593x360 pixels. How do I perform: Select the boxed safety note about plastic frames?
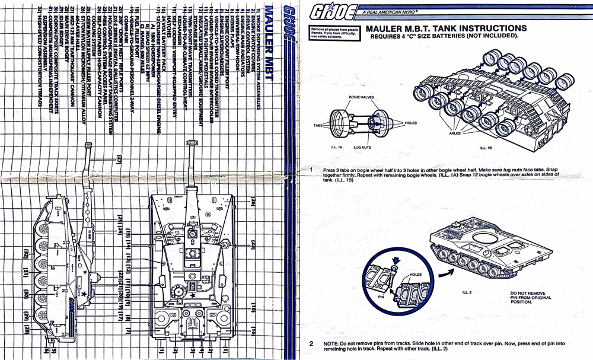point(333,33)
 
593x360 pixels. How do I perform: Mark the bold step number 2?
point(311,343)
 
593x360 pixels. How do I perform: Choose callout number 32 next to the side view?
point(26,255)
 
